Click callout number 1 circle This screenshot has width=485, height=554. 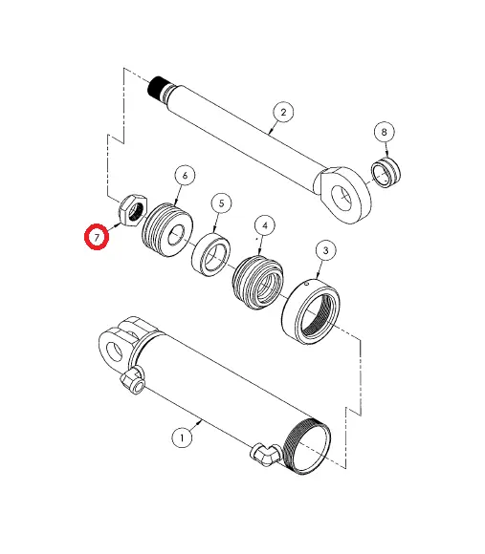tap(181, 437)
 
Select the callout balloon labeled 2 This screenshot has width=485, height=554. tap(281, 113)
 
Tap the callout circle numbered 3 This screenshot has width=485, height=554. tap(326, 251)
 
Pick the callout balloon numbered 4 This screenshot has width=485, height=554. tap(263, 225)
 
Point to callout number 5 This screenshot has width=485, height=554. tap(221, 202)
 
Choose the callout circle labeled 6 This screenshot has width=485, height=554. tap(184, 175)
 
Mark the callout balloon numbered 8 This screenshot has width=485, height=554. tap(385, 131)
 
